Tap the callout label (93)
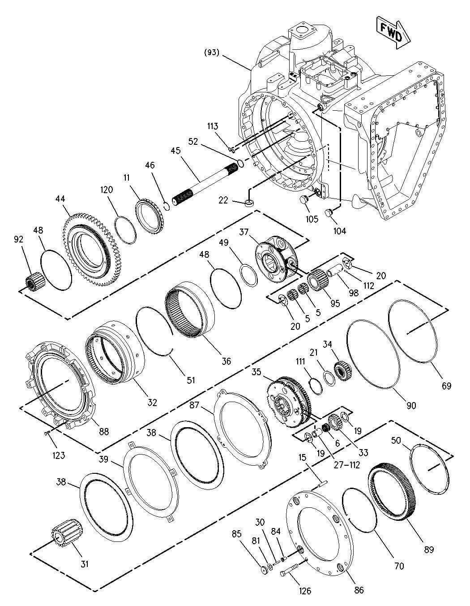[x=212, y=52]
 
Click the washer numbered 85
[x=264, y=570]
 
